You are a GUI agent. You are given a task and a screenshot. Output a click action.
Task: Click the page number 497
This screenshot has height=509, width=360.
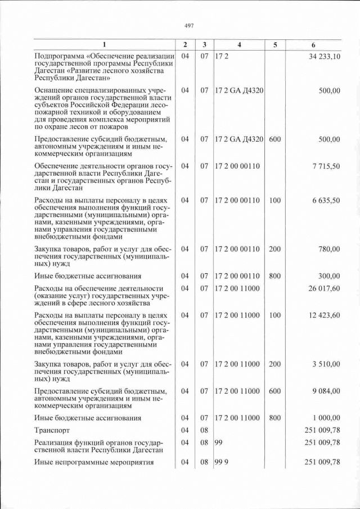(x=188, y=25)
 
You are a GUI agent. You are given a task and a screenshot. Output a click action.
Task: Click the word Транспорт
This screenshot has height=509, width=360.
(x=52, y=430)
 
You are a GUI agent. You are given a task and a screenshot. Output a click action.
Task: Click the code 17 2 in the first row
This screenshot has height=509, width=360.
(x=221, y=56)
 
